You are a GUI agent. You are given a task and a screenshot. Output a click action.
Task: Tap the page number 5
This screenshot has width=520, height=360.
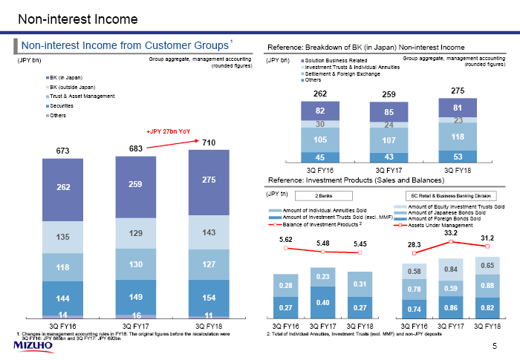(495, 347)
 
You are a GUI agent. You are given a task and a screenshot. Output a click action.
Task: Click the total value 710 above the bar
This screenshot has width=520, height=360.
(208, 142)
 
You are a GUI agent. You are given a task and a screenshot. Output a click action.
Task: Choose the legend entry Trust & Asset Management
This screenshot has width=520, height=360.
(81, 96)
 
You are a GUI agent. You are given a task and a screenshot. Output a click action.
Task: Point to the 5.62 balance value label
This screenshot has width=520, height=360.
(286, 239)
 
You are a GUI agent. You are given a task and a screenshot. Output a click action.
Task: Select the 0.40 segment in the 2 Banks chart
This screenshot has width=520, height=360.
(322, 302)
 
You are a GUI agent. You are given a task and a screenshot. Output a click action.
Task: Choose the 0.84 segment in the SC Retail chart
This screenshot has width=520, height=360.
(451, 268)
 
